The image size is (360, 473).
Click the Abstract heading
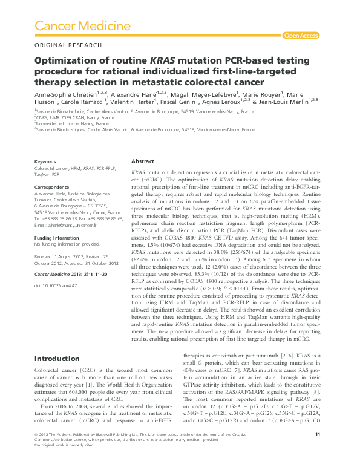[143, 162]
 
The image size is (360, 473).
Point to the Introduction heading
[57, 359]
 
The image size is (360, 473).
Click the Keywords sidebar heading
[45, 162]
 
